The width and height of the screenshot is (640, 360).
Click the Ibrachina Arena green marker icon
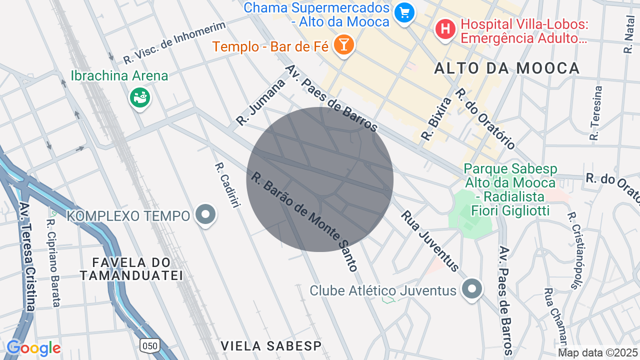(140, 97)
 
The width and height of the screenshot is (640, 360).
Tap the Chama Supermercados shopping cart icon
(404, 13)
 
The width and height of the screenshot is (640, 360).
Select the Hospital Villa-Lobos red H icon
(445, 29)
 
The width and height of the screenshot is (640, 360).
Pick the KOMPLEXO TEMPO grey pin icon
(205, 214)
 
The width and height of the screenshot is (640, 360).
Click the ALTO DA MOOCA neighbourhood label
(506, 68)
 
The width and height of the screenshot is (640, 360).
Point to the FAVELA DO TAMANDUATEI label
(131, 268)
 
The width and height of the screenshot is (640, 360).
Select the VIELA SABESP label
(270, 345)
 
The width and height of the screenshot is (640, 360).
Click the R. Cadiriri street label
(225, 185)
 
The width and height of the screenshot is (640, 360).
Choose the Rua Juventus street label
(429, 240)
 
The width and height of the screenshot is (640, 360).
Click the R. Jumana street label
(260, 102)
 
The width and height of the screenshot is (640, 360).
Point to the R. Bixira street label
(436, 118)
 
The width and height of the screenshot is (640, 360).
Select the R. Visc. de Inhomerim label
(174, 42)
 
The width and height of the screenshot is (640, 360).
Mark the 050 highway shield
(149, 344)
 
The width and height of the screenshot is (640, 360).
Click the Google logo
(33, 348)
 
